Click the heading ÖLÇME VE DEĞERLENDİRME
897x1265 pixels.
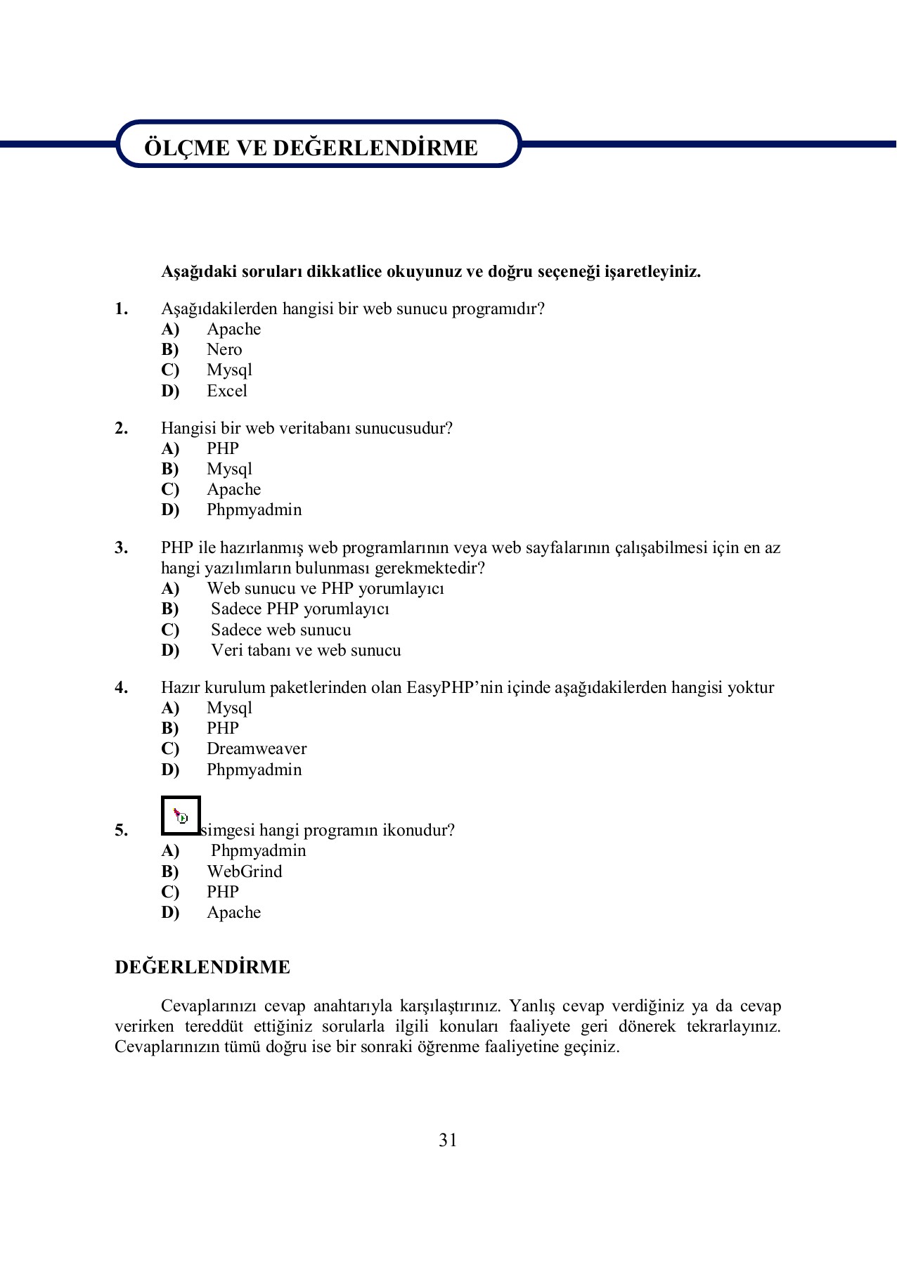coord(311,148)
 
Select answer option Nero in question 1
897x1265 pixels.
coord(224,349)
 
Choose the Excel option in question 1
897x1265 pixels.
coord(226,391)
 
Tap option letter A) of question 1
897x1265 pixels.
coord(170,329)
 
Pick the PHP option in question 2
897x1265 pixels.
coord(222,448)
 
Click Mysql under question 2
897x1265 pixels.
coord(229,469)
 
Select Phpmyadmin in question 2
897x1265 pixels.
coord(254,510)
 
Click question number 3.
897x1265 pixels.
coord(121,547)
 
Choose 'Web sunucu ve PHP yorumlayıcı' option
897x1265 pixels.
coord(325,588)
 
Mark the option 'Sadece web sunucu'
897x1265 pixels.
coord(280,630)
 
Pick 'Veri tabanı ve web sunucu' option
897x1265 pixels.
coord(306,650)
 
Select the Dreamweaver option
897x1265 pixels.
coord(256,748)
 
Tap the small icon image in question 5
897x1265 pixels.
coord(181,816)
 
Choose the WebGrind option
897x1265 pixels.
coord(244,871)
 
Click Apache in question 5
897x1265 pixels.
coord(233,912)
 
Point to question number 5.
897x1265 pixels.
coord(121,830)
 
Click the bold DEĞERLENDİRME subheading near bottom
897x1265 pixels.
coord(202,967)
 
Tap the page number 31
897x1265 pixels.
coord(448,1140)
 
